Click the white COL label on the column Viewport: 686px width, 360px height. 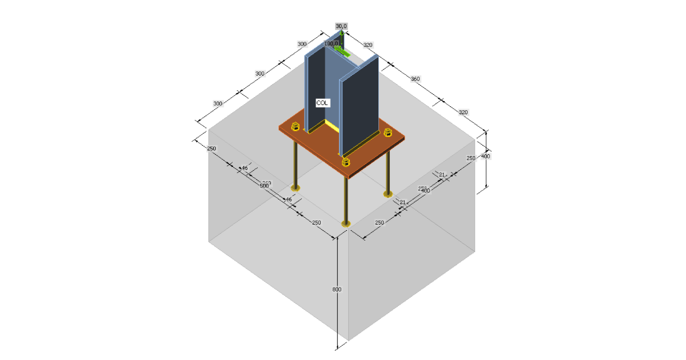[322, 103]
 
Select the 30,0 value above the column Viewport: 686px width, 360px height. [341, 26]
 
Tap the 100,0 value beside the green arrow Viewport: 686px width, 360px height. [332, 43]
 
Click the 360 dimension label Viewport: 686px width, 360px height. [415, 78]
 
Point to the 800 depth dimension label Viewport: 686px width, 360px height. [337, 290]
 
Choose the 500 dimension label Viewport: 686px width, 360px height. [264, 186]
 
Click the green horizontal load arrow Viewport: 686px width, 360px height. [342, 51]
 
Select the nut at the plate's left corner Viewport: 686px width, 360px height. [296, 126]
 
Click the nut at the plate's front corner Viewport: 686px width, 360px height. [346, 163]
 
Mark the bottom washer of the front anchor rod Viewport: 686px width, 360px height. [345, 223]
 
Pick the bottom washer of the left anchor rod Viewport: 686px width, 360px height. [295, 187]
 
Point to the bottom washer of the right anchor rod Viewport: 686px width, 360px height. [388, 194]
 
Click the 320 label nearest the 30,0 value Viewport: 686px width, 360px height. [368, 45]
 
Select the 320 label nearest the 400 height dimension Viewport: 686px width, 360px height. [463, 113]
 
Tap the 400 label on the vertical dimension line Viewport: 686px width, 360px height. [485, 155]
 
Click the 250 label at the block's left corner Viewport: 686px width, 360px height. [212, 149]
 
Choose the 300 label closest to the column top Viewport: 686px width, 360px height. [302, 44]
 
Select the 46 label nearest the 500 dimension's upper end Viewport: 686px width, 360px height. [244, 168]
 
